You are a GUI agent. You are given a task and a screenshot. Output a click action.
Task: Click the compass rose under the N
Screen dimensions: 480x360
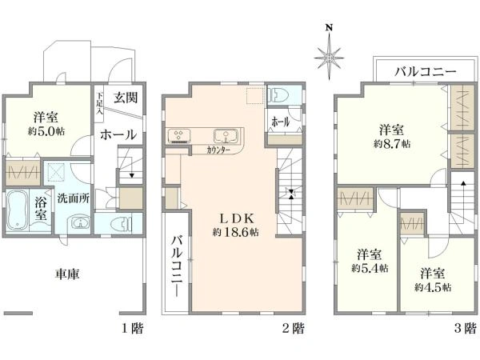tap(329, 58)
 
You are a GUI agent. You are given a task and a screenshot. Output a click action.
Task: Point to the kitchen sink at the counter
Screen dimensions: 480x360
tap(226, 136)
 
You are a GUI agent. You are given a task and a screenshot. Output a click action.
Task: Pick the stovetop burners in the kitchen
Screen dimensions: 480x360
tap(179, 136)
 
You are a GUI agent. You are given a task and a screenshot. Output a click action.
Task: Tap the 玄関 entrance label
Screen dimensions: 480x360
tap(126, 98)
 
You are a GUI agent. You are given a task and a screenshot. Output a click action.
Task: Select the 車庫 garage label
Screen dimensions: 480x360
tap(67, 274)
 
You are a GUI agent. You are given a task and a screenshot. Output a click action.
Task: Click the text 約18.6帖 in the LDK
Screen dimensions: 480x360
tap(236, 232)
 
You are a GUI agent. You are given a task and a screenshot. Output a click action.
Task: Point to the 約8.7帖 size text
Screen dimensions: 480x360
tap(392, 143)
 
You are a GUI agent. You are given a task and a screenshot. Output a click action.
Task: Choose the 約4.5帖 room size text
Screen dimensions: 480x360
tap(433, 287)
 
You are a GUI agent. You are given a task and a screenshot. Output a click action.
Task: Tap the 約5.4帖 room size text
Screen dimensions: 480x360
tap(370, 268)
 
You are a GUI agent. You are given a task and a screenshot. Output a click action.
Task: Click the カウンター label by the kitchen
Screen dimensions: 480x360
tap(218, 150)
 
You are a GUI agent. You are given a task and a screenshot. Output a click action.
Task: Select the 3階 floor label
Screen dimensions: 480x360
tap(466, 329)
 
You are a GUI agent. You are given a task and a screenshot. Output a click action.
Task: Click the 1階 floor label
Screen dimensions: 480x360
tap(133, 329)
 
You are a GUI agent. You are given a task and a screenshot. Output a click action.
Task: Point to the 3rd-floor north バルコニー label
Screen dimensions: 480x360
tap(426, 72)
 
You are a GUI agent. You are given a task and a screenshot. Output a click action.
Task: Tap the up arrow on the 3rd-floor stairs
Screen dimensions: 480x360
tap(463, 183)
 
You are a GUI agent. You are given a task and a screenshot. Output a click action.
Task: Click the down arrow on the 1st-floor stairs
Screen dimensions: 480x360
tap(132, 175)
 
